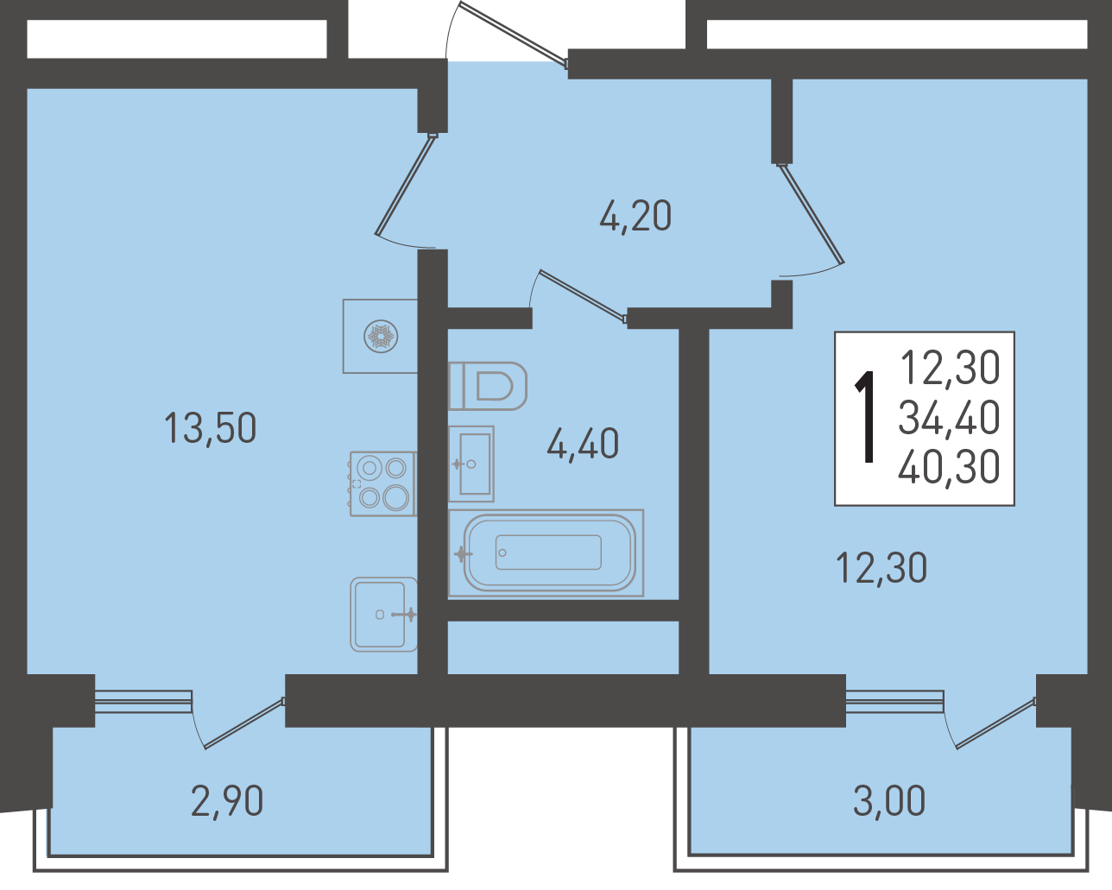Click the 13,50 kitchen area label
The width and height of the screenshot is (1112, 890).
(x=210, y=428)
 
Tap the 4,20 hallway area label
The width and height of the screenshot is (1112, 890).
(x=635, y=216)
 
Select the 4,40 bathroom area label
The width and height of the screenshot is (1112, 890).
(x=583, y=444)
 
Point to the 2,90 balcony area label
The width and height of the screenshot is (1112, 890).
(x=227, y=800)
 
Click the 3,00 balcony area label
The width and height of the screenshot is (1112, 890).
(x=888, y=800)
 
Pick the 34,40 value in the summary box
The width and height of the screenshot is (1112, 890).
(x=949, y=418)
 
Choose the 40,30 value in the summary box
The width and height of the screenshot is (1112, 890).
(x=949, y=466)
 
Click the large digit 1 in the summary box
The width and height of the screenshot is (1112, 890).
(x=866, y=417)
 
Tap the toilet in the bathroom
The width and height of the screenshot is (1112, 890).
(x=487, y=386)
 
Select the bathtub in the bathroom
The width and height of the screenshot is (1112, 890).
(x=546, y=552)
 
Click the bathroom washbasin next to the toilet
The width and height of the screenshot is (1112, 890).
(x=471, y=464)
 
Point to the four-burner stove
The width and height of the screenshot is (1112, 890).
(x=382, y=483)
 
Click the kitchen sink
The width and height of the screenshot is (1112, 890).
(x=384, y=614)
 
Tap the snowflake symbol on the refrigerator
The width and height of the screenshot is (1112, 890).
(x=381, y=337)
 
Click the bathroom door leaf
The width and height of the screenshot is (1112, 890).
(x=584, y=295)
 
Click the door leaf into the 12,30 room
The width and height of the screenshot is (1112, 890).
(x=811, y=214)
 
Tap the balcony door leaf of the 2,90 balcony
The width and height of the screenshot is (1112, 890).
(x=244, y=723)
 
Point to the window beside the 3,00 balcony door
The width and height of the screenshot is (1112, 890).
(x=895, y=701)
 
